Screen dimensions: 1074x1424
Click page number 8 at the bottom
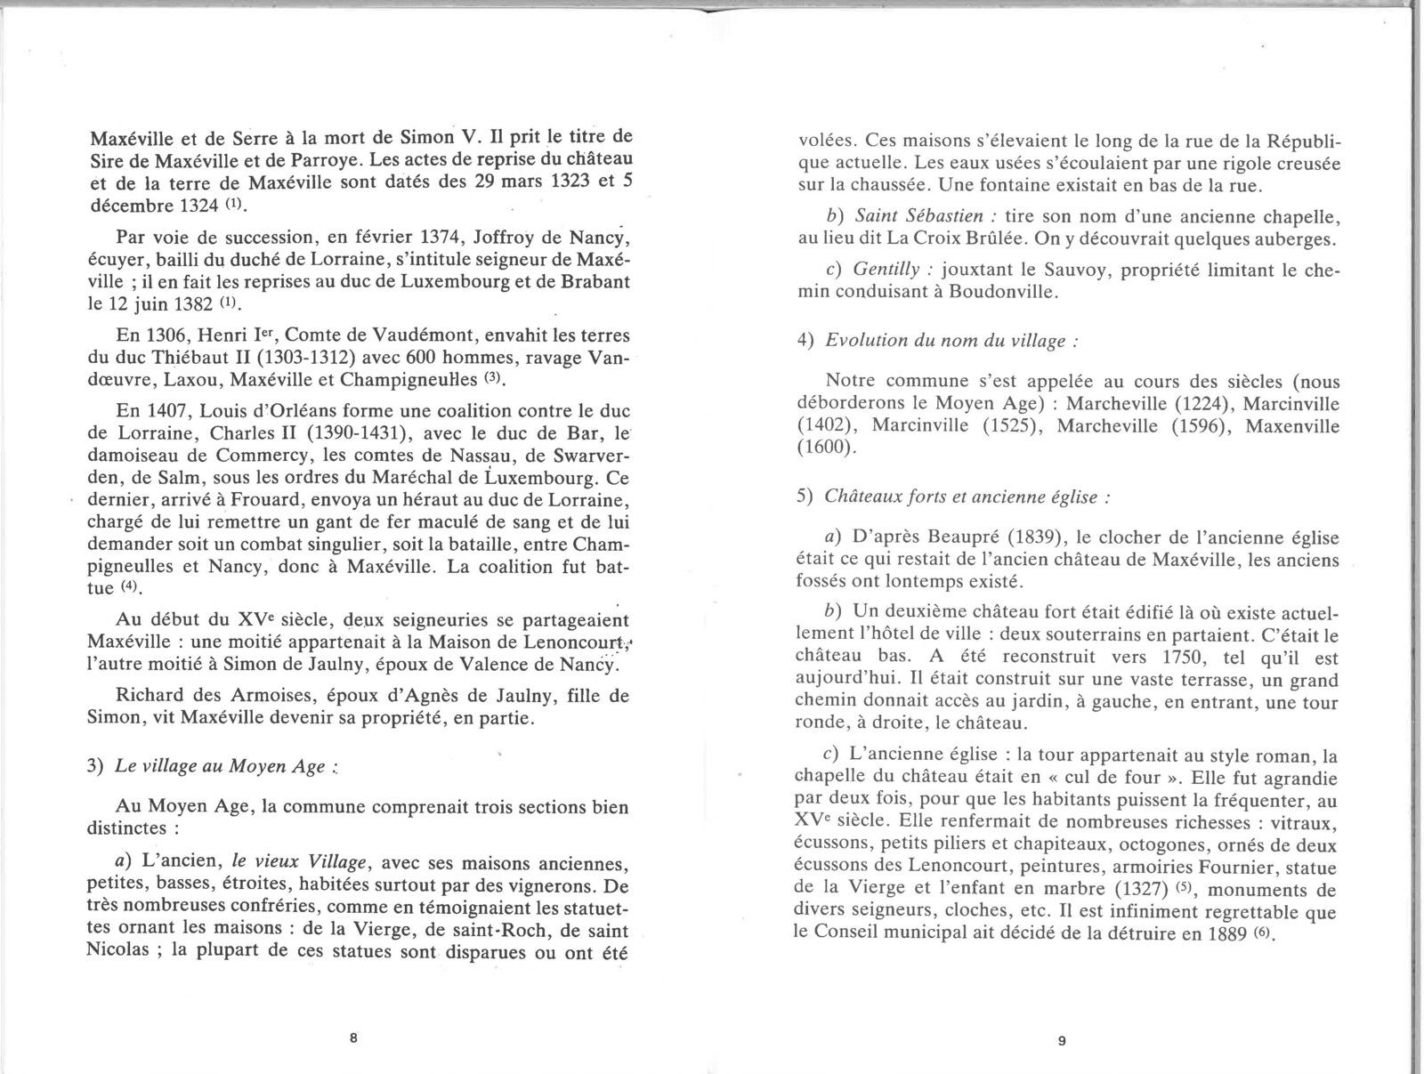353,1038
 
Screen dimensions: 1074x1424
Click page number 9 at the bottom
1061,1045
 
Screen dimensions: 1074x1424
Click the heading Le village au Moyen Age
220,767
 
